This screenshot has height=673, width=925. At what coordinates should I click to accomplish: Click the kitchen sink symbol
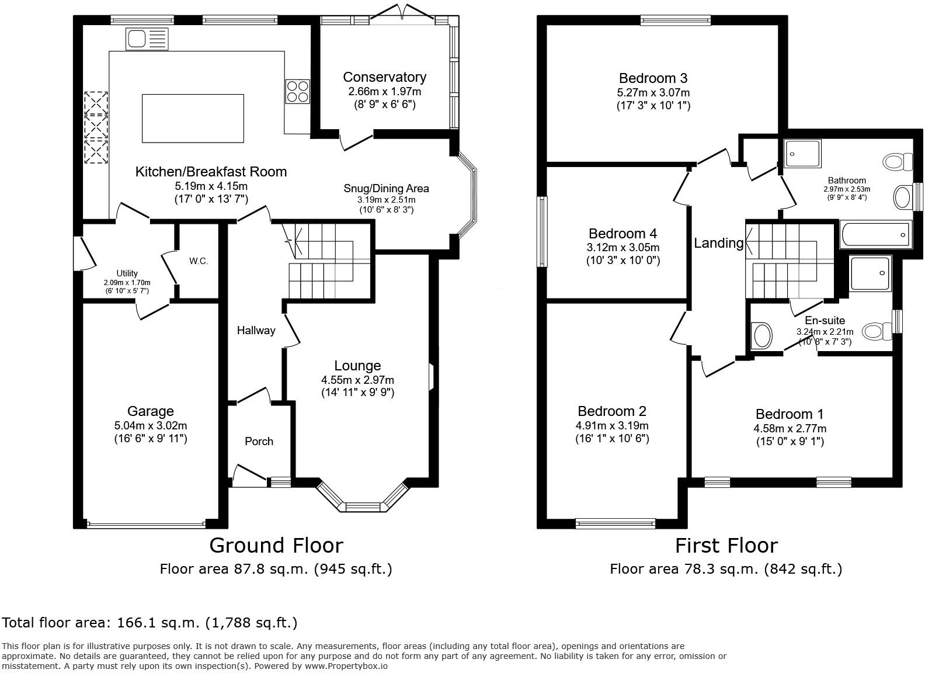coord(147,39)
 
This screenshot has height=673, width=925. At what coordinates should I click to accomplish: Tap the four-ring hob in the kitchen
coord(297,92)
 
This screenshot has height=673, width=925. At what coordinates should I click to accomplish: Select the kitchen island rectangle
coord(193,118)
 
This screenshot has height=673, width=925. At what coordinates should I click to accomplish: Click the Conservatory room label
coord(384,77)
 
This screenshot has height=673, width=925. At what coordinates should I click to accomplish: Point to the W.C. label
coord(199,261)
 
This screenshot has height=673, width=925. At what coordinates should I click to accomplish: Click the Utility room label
coord(127,273)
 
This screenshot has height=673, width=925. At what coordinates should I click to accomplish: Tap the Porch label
coord(259,441)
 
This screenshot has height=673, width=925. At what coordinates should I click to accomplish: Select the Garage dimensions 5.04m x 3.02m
coord(151,425)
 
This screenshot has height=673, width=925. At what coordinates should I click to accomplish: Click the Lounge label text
coord(357,366)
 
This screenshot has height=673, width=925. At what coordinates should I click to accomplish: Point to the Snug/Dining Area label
coord(386,188)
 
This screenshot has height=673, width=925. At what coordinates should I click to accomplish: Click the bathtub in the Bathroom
coord(875,235)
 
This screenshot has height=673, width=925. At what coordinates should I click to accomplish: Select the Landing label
coord(718,243)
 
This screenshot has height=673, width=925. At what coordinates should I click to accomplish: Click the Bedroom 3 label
coord(653,78)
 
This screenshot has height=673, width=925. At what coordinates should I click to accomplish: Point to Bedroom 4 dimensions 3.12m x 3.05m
coord(623,248)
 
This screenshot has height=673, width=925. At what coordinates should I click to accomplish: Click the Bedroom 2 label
coord(611,411)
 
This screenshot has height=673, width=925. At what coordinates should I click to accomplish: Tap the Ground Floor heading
coord(276,545)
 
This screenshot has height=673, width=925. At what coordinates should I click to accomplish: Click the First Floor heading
coord(726,545)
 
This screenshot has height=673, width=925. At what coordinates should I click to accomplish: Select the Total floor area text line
coord(149,623)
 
